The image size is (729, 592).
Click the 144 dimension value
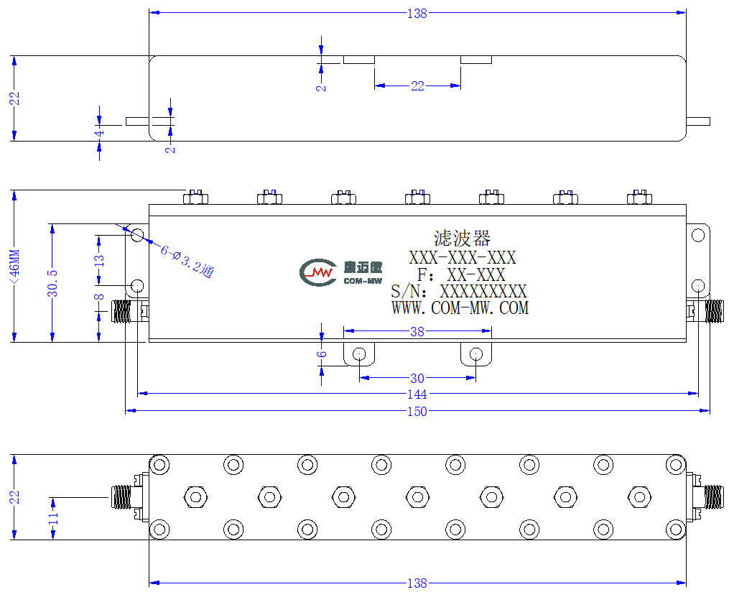[x=417, y=394]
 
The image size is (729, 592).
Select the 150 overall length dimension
[x=417, y=412]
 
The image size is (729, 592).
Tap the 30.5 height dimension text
[x=52, y=283]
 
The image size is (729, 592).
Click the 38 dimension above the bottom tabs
[x=417, y=332]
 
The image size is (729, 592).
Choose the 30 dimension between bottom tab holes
[x=417, y=379]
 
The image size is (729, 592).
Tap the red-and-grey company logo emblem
[x=318, y=272]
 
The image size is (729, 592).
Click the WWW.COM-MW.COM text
[x=460, y=308]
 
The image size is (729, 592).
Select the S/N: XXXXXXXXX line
[x=459, y=292]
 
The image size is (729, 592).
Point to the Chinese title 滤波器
[x=462, y=239]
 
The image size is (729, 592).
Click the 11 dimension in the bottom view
[x=54, y=517]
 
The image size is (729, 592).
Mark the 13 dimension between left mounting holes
[x=99, y=260]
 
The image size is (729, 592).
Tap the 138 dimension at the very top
[x=417, y=14]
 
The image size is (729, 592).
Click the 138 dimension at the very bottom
[x=417, y=583]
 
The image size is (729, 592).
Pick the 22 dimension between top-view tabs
[x=417, y=86]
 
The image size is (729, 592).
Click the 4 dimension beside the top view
[x=99, y=134]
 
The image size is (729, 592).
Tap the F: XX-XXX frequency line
[x=461, y=275]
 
